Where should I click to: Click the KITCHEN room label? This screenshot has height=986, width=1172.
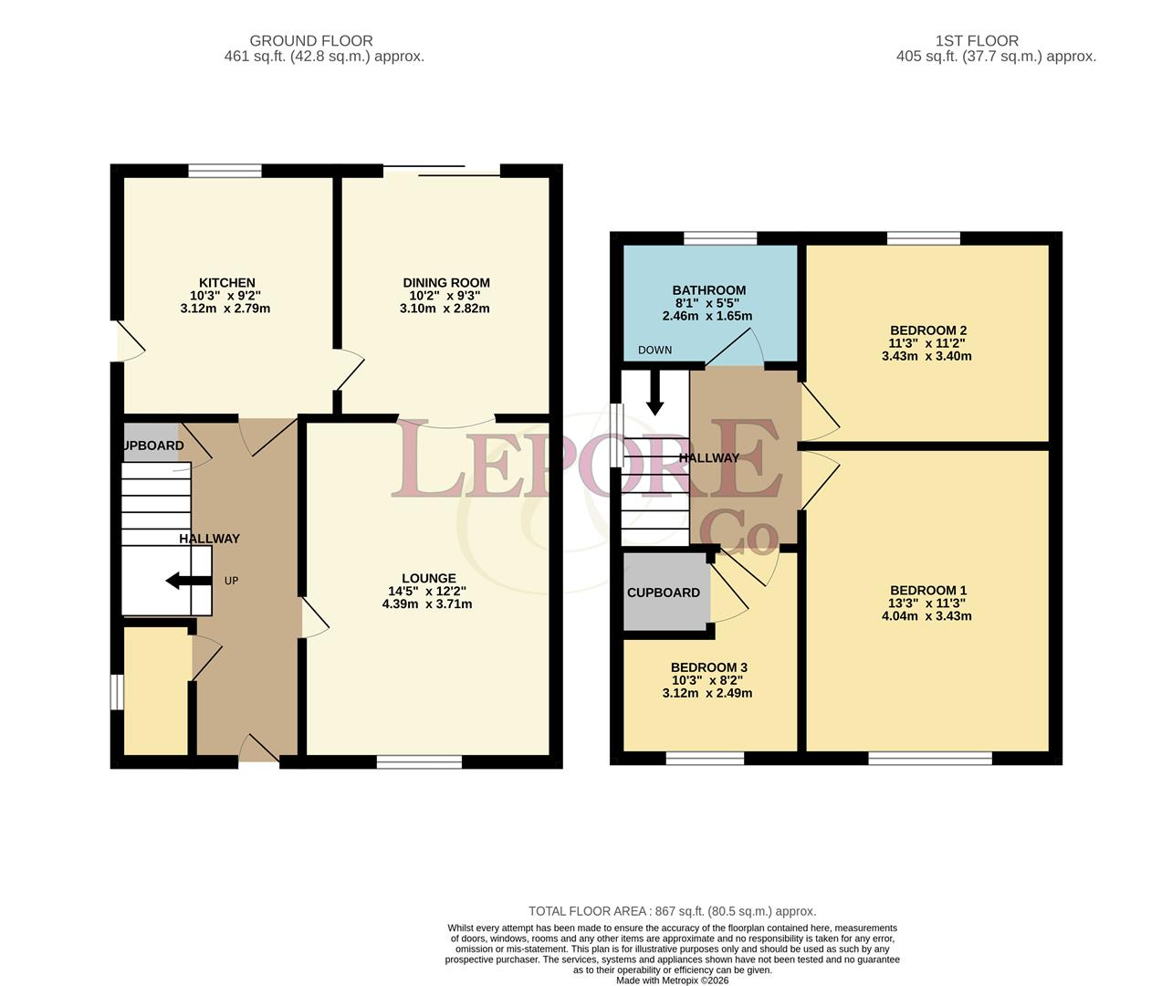[226, 283]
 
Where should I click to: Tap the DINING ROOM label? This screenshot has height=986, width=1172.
[446, 283]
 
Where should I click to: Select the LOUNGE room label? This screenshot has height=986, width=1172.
[429, 578]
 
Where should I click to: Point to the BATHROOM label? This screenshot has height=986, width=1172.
[709, 290]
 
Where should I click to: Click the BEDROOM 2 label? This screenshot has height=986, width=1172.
[928, 330]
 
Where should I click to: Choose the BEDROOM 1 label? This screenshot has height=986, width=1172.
[928, 591]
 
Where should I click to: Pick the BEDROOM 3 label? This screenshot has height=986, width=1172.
[709, 667]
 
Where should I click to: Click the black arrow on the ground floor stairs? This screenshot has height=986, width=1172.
[189, 581]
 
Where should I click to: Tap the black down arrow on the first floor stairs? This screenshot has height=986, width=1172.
[654, 393]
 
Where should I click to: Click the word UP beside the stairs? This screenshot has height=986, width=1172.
[231, 582]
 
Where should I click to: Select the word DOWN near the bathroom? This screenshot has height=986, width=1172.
[654, 351]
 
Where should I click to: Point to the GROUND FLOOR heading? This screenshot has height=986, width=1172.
[311, 41]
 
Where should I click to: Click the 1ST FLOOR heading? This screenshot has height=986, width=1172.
[977, 41]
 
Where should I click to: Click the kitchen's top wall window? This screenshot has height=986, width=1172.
[225, 171]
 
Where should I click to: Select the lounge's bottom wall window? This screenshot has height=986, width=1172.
[419, 761]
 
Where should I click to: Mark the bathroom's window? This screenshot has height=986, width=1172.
[720, 238]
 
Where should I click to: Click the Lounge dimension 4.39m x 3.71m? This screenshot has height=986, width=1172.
[427, 604]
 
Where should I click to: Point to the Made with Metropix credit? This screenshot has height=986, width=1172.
[673, 981]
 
